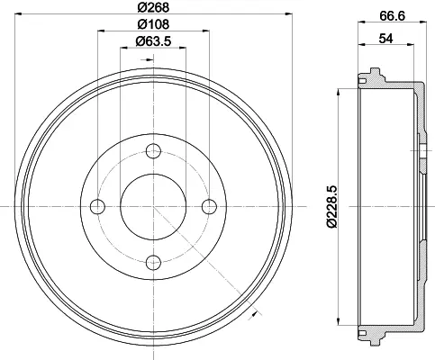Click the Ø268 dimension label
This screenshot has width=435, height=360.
click(x=153, y=7)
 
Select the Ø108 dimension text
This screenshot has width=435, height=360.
click(x=153, y=24)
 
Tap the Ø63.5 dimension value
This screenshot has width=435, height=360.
click(x=153, y=41)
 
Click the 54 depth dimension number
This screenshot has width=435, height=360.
click(x=385, y=39)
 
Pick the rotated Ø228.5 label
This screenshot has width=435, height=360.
click(x=332, y=207)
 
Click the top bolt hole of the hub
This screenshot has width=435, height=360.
click(x=153, y=151)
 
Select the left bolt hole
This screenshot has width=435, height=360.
click(x=97, y=206)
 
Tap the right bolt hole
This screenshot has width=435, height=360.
click(x=209, y=206)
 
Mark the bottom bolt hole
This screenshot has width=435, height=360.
click(x=153, y=263)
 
